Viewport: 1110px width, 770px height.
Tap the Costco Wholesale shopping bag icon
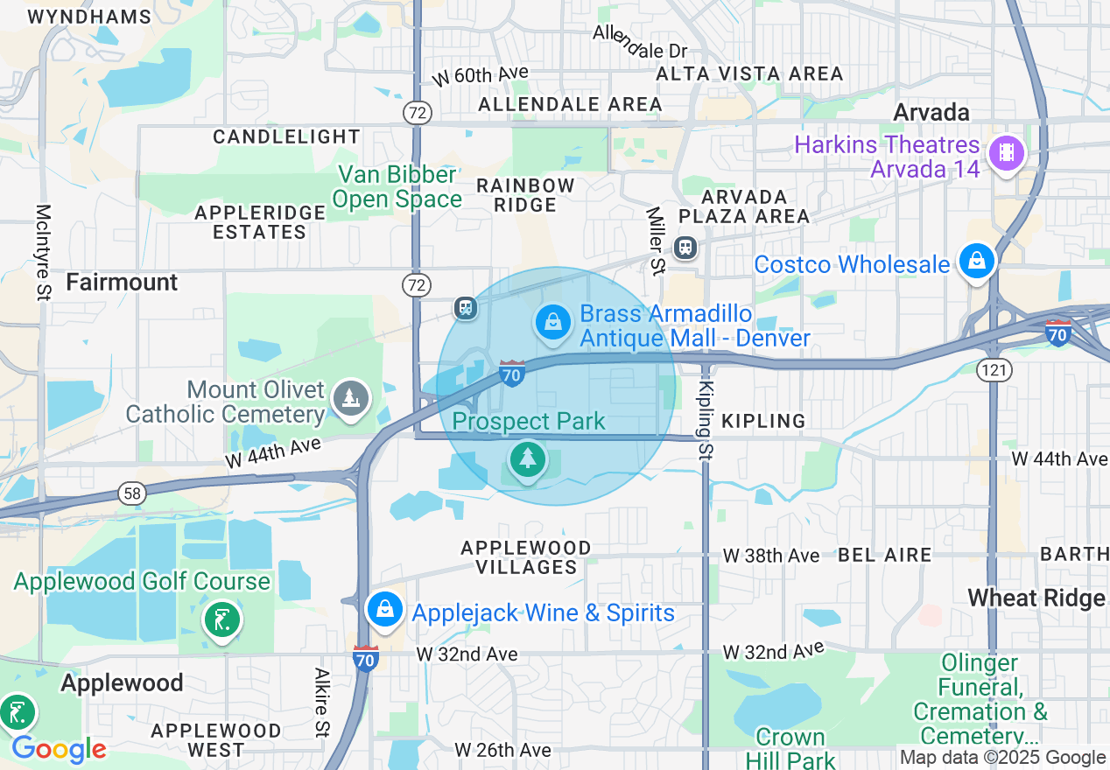point(975,261)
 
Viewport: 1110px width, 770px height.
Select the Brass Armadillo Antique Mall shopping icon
point(552,323)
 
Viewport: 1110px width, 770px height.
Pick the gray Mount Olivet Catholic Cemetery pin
point(350,399)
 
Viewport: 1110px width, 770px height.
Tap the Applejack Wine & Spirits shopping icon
point(384,610)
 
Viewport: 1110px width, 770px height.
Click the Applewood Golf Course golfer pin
point(221,620)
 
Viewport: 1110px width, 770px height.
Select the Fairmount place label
point(122,283)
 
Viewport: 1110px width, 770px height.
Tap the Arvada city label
point(931,112)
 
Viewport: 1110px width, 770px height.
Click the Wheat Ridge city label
point(1036,598)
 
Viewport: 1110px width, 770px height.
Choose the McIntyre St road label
point(43,253)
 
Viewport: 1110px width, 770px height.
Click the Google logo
point(59,750)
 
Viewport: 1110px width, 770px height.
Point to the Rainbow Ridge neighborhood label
point(525,195)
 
